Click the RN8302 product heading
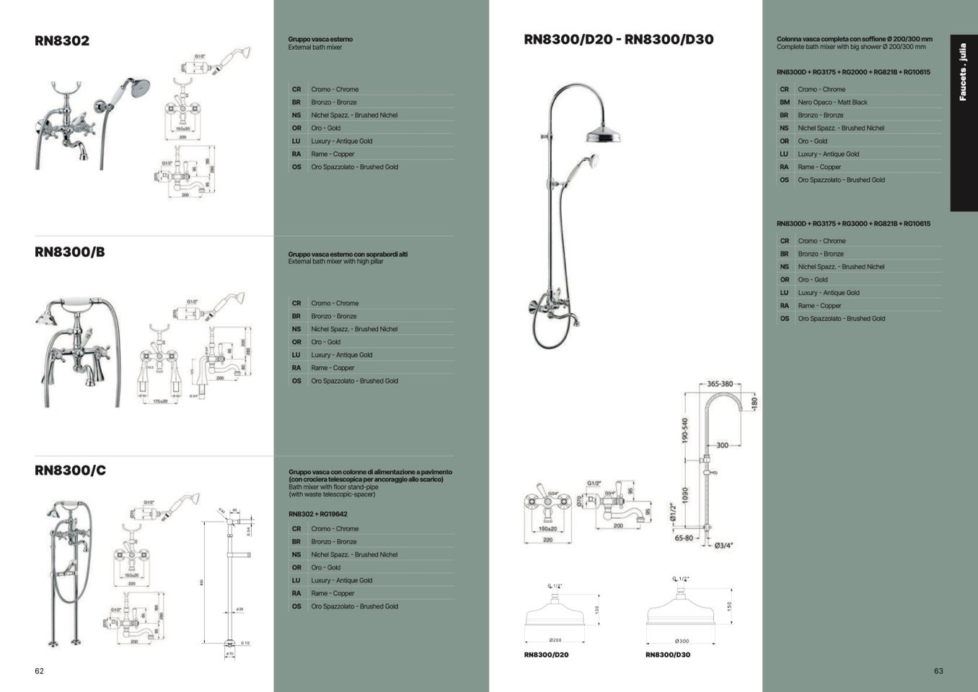tap(62, 40)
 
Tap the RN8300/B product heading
tap(69, 252)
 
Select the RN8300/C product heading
tap(70, 470)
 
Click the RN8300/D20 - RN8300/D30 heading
tap(618, 40)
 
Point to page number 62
tap(39, 671)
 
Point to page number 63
tap(938, 671)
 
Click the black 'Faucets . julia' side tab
tap(963, 123)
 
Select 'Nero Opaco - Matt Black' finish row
tap(832, 102)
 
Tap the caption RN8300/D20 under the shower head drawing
tap(546, 655)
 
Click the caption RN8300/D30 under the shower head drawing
tap(667, 655)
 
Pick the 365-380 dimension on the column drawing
tap(720, 384)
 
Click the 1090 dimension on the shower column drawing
tap(685, 495)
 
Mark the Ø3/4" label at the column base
tap(724, 545)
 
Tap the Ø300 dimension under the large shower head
tap(682, 641)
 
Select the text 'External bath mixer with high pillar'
tap(335, 262)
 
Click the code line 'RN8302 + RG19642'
tap(317, 514)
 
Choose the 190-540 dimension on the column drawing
tap(685, 431)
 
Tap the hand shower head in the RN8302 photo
tap(137, 87)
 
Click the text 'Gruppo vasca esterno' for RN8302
tap(320, 40)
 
